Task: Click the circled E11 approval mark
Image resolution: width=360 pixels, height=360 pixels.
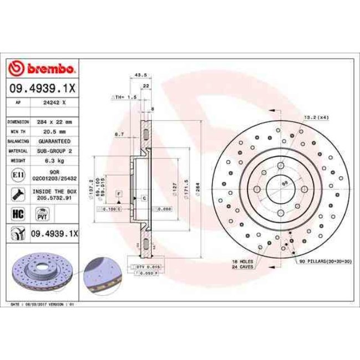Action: click(17, 176)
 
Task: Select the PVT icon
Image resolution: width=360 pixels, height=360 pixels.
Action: click(41, 213)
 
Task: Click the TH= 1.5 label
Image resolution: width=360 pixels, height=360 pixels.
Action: click(125, 97)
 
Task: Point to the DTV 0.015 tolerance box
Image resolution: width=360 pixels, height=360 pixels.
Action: click(143, 268)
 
